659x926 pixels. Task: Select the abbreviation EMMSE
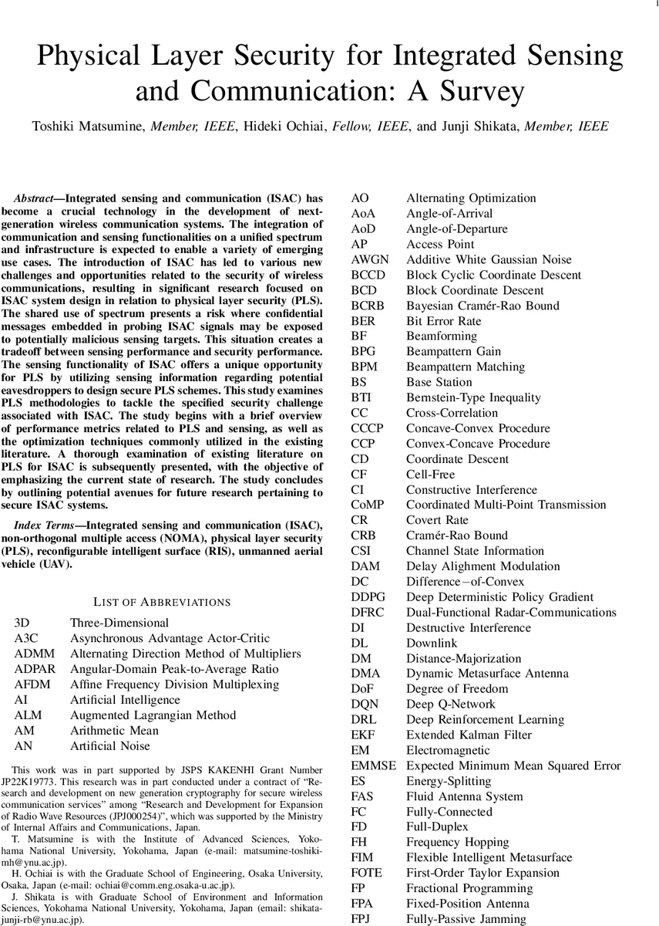click(373, 765)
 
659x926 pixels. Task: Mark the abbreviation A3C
click(27, 638)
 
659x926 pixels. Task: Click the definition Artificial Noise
click(110, 745)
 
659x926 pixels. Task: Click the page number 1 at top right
click(654, 4)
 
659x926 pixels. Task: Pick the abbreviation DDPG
click(368, 596)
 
